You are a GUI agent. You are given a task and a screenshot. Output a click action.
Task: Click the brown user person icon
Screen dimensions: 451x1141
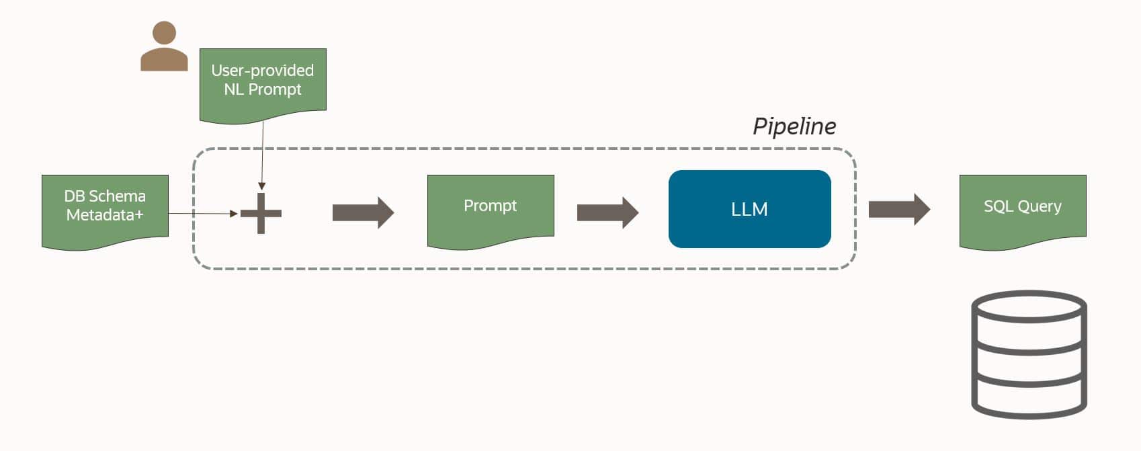[x=164, y=47]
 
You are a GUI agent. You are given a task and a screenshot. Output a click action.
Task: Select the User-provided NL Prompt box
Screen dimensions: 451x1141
[x=263, y=84]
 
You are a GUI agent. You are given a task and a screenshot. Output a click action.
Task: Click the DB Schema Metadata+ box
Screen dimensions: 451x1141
[x=105, y=210]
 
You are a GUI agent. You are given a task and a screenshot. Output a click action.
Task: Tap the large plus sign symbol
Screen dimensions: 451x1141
[x=261, y=214]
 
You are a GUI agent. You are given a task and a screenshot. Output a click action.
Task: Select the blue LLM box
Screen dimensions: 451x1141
[x=749, y=209]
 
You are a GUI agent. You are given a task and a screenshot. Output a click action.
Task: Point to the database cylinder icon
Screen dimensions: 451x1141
[x=1029, y=354]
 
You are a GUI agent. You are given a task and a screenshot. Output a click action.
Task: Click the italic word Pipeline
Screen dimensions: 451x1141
[x=794, y=126]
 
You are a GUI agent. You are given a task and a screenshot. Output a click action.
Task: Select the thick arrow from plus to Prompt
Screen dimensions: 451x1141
[x=363, y=213]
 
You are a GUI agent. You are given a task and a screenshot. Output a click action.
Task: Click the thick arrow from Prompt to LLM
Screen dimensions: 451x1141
[x=607, y=213]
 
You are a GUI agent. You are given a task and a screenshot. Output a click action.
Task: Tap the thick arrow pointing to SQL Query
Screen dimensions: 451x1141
[x=899, y=209]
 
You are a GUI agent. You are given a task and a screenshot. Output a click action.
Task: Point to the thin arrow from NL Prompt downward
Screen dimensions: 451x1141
[x=262, y=155]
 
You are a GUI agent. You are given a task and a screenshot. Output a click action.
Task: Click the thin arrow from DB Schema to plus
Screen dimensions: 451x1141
[x=202, y=214]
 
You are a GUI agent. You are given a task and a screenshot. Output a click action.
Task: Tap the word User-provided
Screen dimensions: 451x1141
[x=262, y=71]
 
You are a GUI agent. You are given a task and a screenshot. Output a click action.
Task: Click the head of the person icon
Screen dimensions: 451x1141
[x=164, y=32]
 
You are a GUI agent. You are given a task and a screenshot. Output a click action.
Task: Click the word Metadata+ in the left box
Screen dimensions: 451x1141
[x=105, y=215]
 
